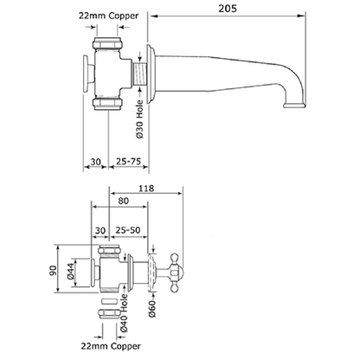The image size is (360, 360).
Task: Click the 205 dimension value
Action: pyautogui.click(x=228, y=9)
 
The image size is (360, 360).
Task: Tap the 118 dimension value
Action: pyautogui.click(x=146, y=189)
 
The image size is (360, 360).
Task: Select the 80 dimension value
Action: pyautogui.click(x=123, y=201)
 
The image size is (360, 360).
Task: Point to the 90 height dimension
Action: pyautogui.click(x=53, y=270)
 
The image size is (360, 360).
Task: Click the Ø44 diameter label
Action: pyautogui.click(x=70, y=272)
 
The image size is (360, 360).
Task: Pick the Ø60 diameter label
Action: pyautogui.click(x=152, y=308)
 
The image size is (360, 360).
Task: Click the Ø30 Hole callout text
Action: pyautogui.click(x=139, y=119)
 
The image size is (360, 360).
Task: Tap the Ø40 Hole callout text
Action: pyautogui.click(x=124, y=313)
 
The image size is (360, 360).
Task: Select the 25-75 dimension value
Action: pyautogui.click(x=128, y=161)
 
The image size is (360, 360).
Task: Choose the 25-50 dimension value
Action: pyautogui.click(x=128, y=230)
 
